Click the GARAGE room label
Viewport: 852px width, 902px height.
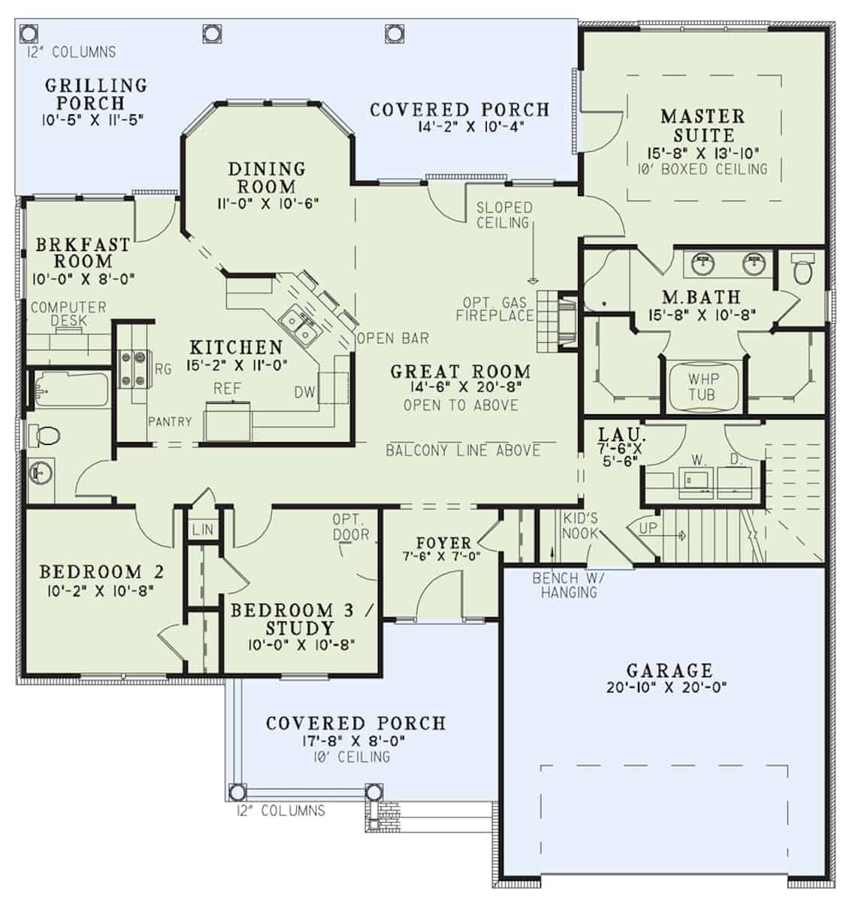click(x=669, y=670)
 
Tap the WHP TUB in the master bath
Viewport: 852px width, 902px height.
click(x=702, y=386)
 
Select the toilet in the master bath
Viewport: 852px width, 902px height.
click(x=803, y=270)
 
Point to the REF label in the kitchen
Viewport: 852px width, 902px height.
click(x=227, y=389)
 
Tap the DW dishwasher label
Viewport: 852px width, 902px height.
click(x=304, y=392)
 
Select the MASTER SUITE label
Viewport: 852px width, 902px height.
click(x=702, y=126)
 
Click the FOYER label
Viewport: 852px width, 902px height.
click(x=443, y=543)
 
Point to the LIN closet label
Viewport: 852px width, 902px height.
click(x=202, y=530)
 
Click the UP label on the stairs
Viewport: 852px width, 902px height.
click(x=648, y=528)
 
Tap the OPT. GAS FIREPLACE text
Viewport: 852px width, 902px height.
click(x=494, y=309)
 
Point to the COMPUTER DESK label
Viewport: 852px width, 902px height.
click(x=68, y=313)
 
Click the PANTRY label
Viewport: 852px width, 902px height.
click(x=169, y=422)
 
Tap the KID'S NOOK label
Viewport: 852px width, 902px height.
click(x=580, y=525)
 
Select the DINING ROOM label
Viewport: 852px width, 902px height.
click(x=267, y=177)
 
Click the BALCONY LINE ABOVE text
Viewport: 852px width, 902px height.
click(x=463, y=450)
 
